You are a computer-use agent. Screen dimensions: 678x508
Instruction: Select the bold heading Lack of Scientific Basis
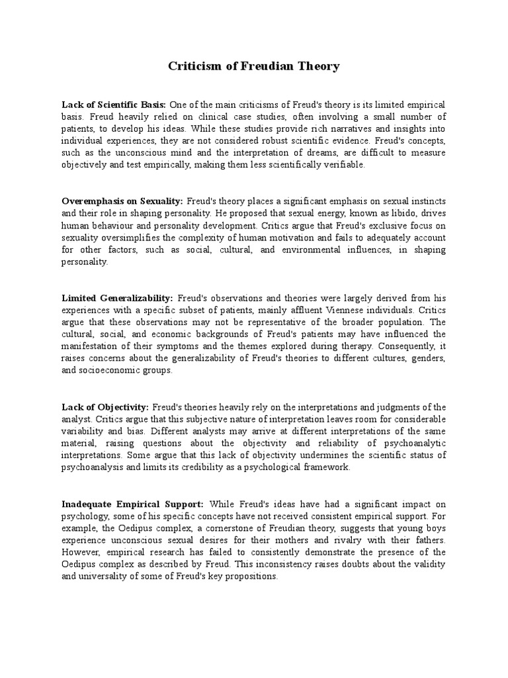pos(114,105)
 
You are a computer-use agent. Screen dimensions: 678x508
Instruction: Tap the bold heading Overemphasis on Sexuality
pos(122,201)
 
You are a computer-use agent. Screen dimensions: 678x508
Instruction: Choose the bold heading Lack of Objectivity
pos(105,407)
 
